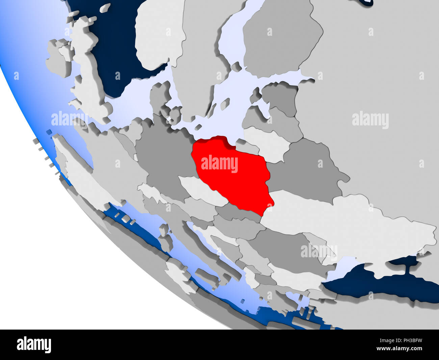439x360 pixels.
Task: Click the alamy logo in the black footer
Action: coord(34,344)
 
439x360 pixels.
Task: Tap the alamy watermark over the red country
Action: coord(219,164)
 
